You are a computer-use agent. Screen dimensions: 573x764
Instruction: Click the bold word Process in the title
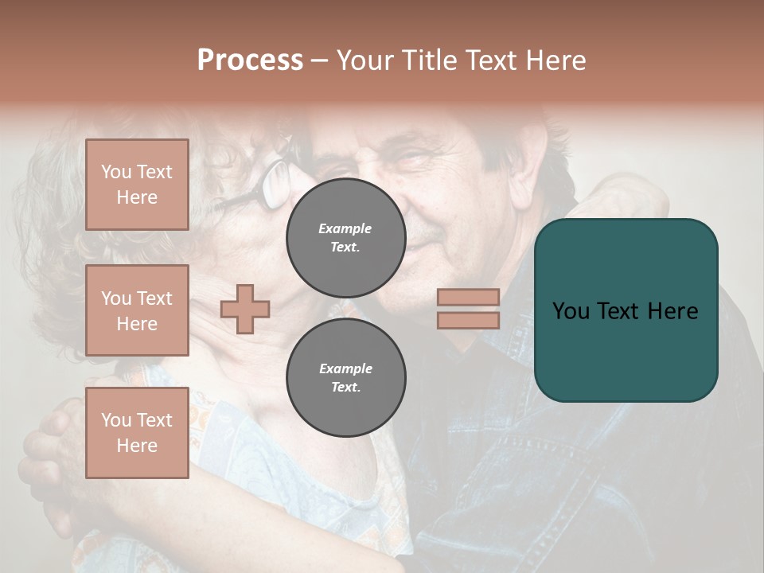pyautogui.click(x=250, y=60)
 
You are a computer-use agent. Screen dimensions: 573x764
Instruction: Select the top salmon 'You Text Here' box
pyautogui.click(x=137, y=185)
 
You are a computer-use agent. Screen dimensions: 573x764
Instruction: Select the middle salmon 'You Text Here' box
pyautogui.click(x=137, y=310)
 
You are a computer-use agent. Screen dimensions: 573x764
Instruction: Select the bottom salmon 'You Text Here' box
pyautogui.click(x=137, y=433)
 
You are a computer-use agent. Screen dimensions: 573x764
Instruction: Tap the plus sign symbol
pyautogui.click(x=245, y=309)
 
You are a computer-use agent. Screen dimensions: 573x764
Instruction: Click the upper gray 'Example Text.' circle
pyautogui.click(x=346, y=237)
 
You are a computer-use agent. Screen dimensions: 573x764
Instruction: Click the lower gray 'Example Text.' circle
pyautogui.click(x=346, y=377)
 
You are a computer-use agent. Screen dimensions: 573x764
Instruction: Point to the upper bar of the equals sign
pyautogui.click(x=468, y=297)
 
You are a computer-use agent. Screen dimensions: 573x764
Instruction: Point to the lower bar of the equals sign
pyautogui.click(x=468, y=320)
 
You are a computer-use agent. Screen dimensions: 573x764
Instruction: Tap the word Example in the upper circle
pyautogui.click(x=345, y=228)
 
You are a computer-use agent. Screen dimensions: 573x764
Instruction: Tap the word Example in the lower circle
pyautogui.click(x=345, y=368)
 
